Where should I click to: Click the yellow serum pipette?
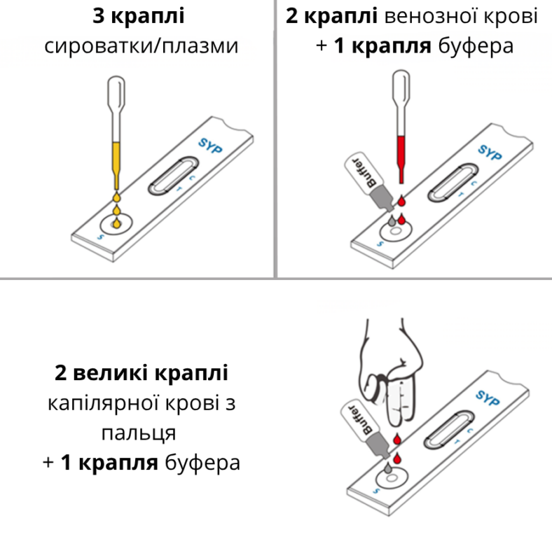click(116, 132)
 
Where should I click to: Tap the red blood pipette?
click(401, 127)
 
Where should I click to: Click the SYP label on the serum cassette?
click(210, 146)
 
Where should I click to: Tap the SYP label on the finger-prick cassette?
click(488, 398)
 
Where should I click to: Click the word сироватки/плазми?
click(142, 46)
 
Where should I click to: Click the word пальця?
click(139, 433)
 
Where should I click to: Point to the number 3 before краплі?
click(99, 16)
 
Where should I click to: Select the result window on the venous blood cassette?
click(453, 183)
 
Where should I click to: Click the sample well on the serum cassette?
click(116, 224)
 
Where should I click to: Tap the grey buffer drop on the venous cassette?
click(392, 220)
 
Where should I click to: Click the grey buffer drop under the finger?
click(388, 467)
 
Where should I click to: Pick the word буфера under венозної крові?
click(476, 47)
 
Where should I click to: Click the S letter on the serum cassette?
click(100, 237)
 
